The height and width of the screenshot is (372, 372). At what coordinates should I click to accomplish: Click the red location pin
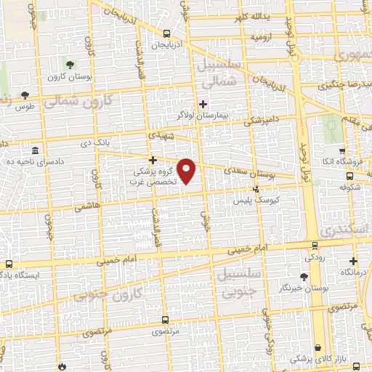pos(187,171)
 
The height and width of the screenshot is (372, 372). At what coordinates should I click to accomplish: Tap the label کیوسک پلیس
pos(255,198)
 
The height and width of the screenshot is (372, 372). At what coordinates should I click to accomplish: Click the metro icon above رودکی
pos(314,246)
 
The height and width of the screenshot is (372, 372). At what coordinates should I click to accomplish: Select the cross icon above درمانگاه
pos(354,260)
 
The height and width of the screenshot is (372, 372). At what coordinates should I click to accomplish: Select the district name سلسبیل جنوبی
pos(234,283)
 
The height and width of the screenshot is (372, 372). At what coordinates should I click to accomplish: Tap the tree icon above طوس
pos(25,94)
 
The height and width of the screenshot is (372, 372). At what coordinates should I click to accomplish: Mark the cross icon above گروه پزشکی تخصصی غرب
pos(153,160)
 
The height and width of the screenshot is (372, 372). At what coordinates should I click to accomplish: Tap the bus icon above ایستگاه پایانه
pos(9,264)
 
